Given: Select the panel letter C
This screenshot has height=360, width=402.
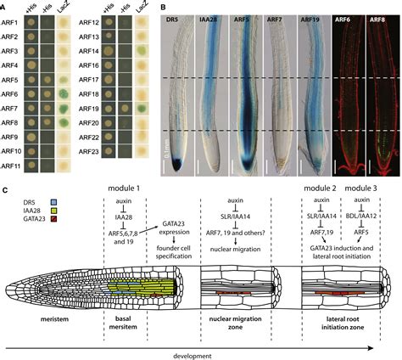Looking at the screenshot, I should (6, 194).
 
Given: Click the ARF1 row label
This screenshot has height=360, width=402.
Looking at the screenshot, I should (12, 20).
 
